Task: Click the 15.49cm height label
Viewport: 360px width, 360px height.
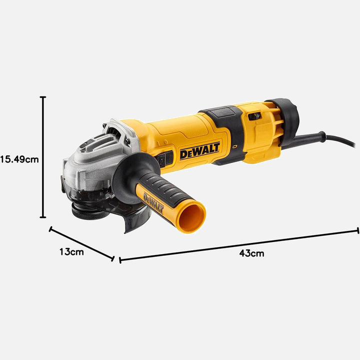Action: tap(19, 159)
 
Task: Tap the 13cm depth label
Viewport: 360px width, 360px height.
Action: tap(71, 251)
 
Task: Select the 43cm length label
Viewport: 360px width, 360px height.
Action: tap(251, 253)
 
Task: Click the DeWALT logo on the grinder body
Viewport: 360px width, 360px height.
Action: tap(200, 150)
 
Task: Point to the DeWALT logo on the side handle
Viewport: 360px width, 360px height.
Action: tap(153, 202)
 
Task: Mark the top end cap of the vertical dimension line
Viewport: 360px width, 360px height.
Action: tap(43, 97)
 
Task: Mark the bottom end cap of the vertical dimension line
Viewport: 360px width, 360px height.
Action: tap(43, 217)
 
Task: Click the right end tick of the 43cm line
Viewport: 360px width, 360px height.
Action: tap(358, 230)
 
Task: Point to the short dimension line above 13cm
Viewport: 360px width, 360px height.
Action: tap(81, 244)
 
